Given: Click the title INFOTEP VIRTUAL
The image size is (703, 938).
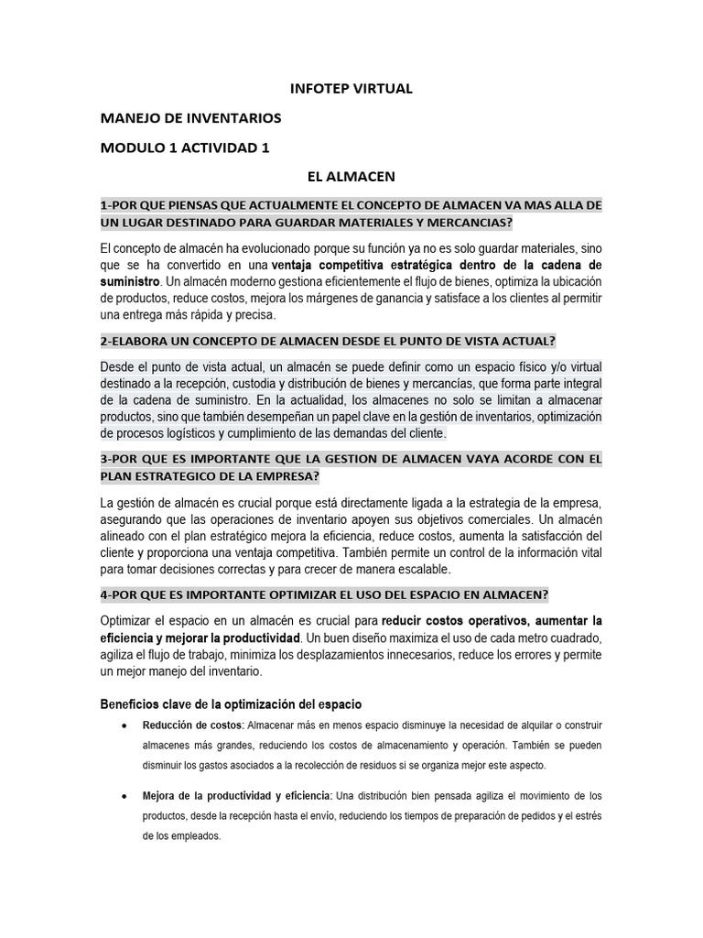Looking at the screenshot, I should pyautogui.click(x=351, y=89).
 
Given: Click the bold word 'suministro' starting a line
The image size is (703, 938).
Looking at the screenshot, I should pyautogui.click(x=129, y=281).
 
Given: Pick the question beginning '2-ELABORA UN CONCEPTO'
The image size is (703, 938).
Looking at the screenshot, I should pyautogui.click(x=328, y=341).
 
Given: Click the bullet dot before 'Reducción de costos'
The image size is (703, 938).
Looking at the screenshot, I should pyautogui.click(x=124, y=726).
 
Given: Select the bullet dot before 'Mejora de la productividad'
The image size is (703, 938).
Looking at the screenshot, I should pyautogui.click(x=124, y=796).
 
